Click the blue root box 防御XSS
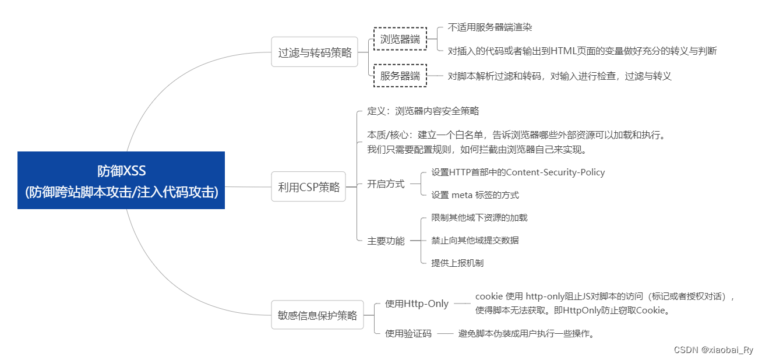click(121, 180)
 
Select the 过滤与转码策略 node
click(315, 52)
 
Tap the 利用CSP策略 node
click(308, 187)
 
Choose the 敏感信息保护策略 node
click(317, 315)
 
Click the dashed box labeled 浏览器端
click(400, 40)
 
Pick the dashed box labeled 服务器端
click(400, 76)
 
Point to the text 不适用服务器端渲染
click(489, 27)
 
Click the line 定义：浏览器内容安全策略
click(423, 111)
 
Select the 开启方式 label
click(386, 184)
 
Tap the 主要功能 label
click(386, 241)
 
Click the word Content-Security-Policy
click(555, 172)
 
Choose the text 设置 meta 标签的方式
click(475, 195)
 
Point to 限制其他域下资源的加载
click(479, 218)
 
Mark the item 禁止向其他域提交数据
click(475, 240)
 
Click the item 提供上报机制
click(457, 263)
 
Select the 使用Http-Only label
click(417, 303)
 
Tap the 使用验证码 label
click(408, 334)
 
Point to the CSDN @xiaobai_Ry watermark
click(713, 350)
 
